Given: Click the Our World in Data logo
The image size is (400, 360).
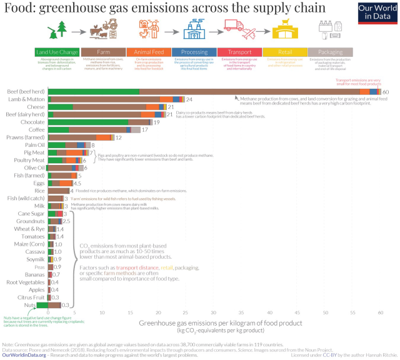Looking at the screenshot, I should pos(377,12).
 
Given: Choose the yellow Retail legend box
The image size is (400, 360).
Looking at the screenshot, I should pos(284,52).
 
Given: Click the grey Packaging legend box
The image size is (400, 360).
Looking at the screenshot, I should pos(330,52).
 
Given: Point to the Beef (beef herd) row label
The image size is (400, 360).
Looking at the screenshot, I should pos(25,92).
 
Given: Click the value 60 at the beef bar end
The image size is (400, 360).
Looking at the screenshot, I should pos(386,92).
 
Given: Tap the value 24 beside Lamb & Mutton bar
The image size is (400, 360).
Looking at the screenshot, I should pos(189,99).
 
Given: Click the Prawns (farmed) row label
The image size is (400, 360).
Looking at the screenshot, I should pos(25,137).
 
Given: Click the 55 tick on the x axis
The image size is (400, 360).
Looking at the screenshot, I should pos(352,312).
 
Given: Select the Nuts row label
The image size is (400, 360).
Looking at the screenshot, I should pos(38,305).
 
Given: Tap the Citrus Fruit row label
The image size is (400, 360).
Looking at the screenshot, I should pos(30,297).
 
